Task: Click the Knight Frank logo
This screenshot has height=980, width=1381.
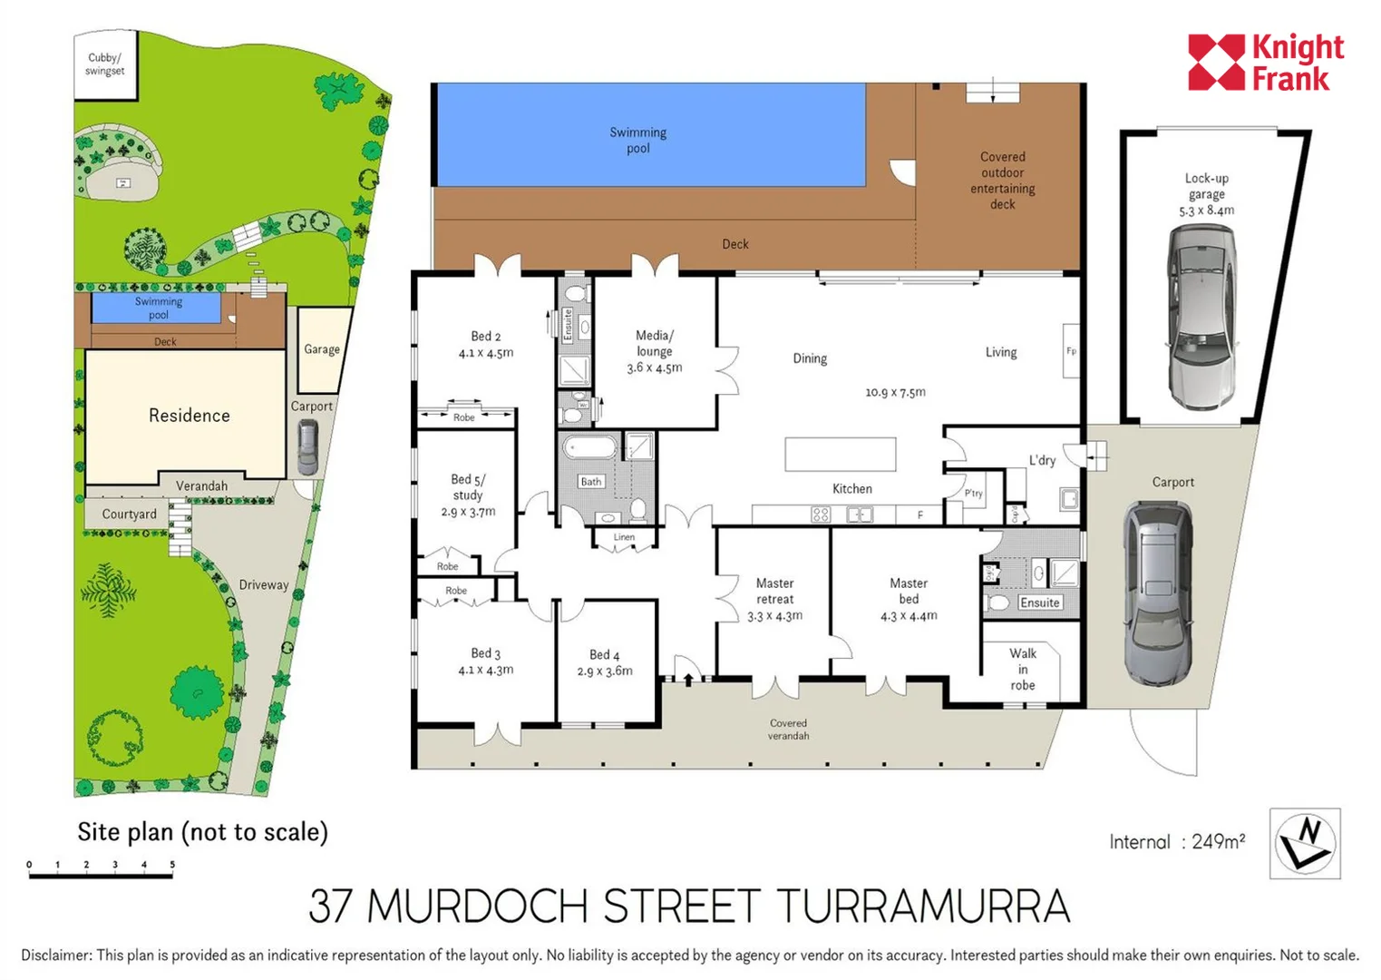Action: (1265, 63)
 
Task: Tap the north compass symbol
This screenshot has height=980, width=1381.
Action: (1304, 843)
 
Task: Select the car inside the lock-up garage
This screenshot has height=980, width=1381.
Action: (1201, 317)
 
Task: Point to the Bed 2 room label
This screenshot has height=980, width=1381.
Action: (485, 337)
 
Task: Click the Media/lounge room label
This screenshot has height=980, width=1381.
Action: (654, 343)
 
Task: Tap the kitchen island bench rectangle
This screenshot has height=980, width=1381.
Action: (840, 454)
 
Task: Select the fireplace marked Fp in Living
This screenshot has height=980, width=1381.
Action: (1071, 351)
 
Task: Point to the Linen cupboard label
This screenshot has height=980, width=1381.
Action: (624, 537)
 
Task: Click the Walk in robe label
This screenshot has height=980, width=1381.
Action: (1023, 669)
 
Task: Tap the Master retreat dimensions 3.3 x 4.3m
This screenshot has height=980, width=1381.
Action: (774, 616)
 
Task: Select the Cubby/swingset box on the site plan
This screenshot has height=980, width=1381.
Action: (105, 64)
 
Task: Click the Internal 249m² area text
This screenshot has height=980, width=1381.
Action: (1176, 842)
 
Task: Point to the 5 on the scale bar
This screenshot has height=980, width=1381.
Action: (172, 865)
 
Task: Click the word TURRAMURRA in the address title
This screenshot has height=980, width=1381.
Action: (922, 906)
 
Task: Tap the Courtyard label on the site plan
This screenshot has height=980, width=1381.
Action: (129, 514)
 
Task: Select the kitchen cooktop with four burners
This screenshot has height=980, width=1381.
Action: (820, 514)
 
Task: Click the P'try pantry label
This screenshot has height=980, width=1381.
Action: (973, 494)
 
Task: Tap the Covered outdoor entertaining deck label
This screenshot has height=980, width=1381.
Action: (1002, 181)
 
